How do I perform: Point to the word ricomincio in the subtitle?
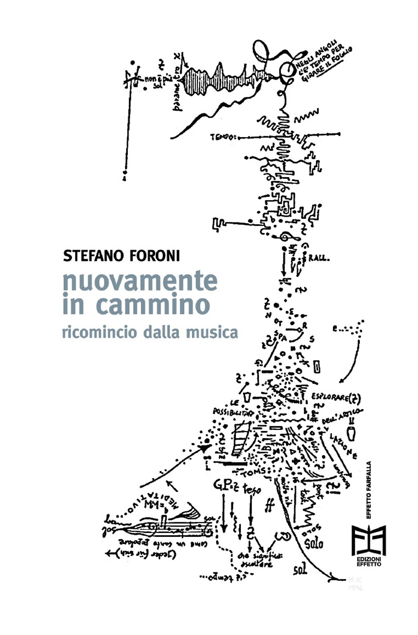99,333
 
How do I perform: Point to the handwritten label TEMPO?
224,137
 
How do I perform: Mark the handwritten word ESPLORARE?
330,396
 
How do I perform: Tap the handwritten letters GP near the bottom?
221,484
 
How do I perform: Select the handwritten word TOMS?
255,472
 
